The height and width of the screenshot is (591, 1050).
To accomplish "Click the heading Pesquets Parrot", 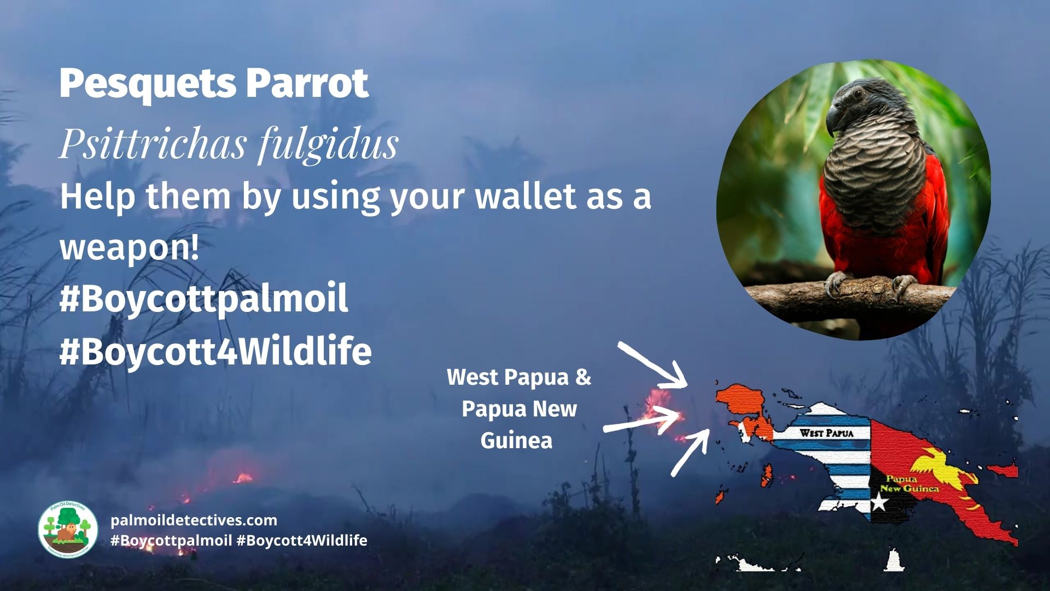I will tap(213, 83).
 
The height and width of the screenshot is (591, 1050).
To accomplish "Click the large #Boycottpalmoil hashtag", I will tap(203, 299).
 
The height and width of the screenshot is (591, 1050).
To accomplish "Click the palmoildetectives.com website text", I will tap(194, 520).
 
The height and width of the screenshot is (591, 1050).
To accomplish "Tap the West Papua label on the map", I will tap(826, 433).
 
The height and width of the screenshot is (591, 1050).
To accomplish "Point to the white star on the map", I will tap(879, 501).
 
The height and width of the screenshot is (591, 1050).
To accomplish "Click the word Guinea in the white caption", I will tap(516, 441).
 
